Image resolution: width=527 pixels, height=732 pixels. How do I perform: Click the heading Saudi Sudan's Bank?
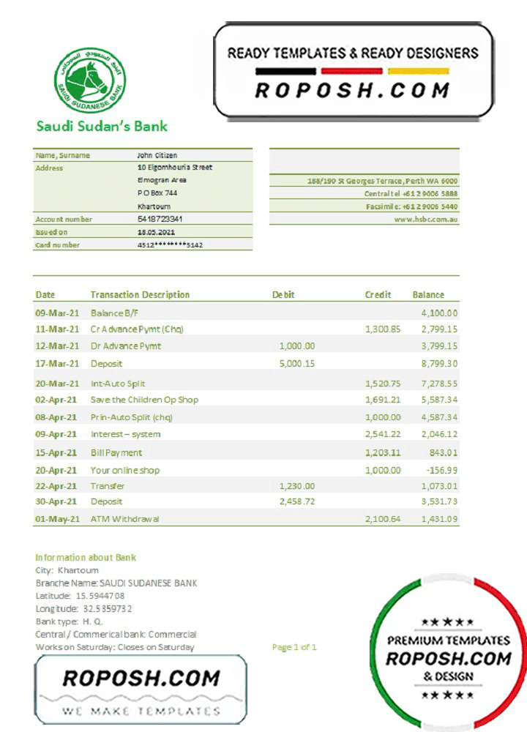tap(102, 126)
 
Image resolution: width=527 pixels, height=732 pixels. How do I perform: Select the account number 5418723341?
tap(160, 219)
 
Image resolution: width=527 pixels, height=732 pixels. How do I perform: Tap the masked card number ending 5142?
tap(170, 245)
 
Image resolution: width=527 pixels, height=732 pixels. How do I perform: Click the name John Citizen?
tap(157, 155)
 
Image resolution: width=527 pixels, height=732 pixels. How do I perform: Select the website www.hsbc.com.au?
tap(426, 219)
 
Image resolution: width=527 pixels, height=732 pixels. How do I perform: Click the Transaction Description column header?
tap(140, 295)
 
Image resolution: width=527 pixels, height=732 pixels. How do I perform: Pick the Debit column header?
tap(283, 295)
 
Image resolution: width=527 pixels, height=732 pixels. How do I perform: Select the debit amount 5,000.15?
tap(297, 364)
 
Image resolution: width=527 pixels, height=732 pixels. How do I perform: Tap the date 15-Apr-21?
tap(57, 452)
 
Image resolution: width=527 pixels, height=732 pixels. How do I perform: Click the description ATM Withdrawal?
tap(125, 519)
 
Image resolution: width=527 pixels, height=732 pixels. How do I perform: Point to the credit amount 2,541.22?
tap(383, 434)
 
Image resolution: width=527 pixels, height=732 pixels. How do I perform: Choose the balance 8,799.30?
tap(439, 364)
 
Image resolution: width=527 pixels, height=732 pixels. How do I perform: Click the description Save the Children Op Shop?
tap(144, 400)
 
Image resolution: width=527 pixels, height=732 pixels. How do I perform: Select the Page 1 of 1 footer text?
tap(294, 647)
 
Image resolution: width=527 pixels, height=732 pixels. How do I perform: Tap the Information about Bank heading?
tap(86, 557)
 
